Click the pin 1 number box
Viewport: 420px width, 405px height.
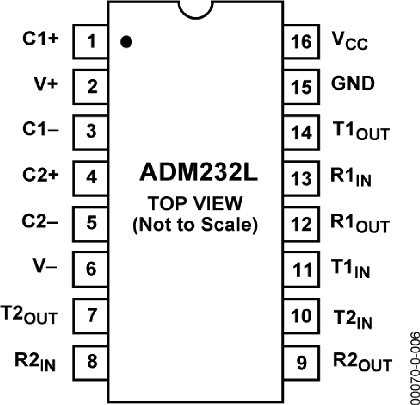[91, 42]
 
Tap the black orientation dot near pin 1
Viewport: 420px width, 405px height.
[126, 42]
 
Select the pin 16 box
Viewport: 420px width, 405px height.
[301, 42]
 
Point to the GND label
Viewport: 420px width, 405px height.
[353, 84]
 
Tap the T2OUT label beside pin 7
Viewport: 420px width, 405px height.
[29, 316]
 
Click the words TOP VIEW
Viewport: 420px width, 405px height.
[196, 204]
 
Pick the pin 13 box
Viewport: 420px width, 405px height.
[301, 178]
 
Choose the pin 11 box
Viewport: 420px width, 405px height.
[301, 269]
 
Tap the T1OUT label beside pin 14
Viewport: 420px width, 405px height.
[360, 132]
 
